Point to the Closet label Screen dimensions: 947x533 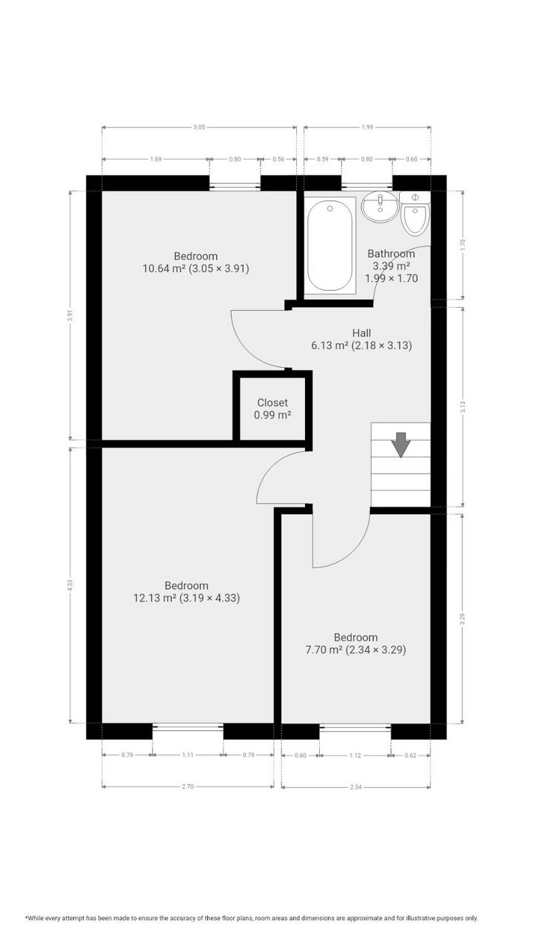pos(272,402)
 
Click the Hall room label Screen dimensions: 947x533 pos(361,333)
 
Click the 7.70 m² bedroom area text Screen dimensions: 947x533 pos(355,650)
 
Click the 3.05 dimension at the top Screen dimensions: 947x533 pos(199,127)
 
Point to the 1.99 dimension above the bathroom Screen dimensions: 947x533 pos(367,127)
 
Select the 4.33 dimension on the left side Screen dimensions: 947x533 pos(70,584)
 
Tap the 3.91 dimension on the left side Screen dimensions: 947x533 pos(70,314)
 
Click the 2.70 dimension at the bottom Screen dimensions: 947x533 pos(187,786)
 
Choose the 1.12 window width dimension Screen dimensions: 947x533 pos(355,755)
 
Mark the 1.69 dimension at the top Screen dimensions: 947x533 pos(155,159)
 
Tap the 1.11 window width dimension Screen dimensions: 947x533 pos(187,755)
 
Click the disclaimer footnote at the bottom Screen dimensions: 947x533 pos(252,918)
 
